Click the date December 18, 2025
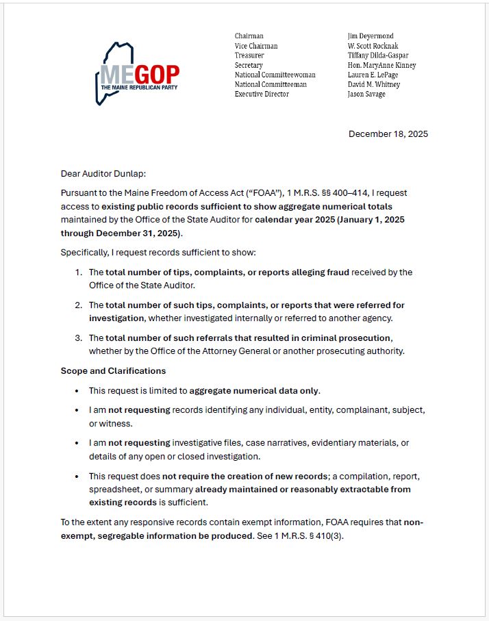(388, 134)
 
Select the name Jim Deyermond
(371, 36)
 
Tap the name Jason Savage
(366, 94)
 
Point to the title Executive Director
(262, 94)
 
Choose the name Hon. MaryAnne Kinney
(381, 66)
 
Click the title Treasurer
(249, 55)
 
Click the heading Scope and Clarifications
(113, 370)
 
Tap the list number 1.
(79, 272)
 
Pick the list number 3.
(79, 338)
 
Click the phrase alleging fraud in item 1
(321, 272)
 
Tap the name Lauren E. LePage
(373, 75)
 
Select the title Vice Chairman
(256, 46)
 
